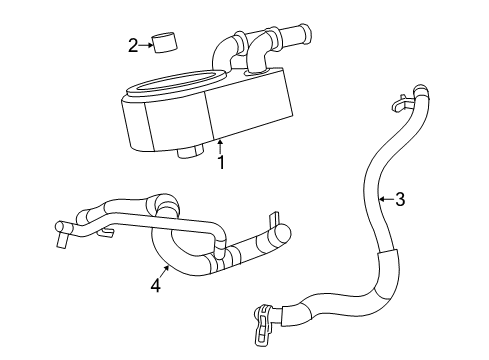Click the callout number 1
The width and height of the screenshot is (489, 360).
point(221,162)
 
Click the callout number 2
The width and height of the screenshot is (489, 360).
point(132,44)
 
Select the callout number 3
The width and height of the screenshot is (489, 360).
point(399,199)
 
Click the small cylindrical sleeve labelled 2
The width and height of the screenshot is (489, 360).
point(163,44)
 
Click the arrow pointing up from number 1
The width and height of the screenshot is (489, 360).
point(220,147)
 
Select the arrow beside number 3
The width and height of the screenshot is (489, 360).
point(384,199)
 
